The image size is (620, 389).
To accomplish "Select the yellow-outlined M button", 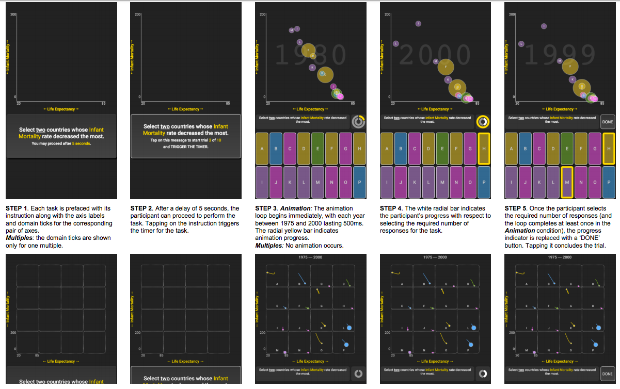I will pos(567,183).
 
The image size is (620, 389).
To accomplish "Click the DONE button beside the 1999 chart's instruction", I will pos(608,122).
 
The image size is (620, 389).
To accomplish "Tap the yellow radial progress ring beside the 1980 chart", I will pos(358,122).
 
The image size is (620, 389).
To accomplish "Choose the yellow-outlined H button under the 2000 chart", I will pos(483,149).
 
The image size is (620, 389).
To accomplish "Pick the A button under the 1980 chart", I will pos(262,149).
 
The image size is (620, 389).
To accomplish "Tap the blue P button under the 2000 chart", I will pos(483,183).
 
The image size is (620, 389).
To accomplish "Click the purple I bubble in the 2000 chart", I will pos(418,24).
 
